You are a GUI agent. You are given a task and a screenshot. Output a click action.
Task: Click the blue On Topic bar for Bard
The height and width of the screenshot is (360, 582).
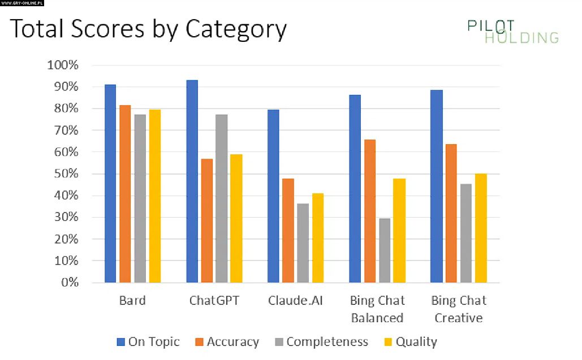click(110, 184)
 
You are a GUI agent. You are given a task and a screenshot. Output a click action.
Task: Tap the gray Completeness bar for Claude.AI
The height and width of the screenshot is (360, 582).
click(303, 243)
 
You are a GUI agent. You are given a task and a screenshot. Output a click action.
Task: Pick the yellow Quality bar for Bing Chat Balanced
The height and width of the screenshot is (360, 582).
click(399, 231)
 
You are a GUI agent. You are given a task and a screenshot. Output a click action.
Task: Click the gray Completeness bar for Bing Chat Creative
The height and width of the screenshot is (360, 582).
click(465, 233)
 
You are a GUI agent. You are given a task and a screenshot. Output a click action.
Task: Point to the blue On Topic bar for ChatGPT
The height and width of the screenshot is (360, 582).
click(192, 181)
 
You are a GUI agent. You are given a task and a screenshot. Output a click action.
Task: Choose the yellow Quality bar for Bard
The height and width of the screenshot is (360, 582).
click(155, 196)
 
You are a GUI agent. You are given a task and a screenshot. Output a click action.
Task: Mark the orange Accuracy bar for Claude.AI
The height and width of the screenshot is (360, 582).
click(288, 231)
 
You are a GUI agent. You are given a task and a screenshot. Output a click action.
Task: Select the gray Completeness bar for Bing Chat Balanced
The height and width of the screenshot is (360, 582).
click(385, 250)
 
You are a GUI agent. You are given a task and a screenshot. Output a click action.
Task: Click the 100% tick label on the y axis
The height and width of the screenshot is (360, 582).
click(63, 65)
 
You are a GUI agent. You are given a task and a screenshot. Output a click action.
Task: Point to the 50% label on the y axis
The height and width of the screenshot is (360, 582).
click(66, 174)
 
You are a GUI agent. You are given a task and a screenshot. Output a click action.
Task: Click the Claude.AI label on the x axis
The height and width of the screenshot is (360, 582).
click(295, 300)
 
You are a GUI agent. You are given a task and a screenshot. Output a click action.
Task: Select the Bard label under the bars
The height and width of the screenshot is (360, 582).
click(132, 300)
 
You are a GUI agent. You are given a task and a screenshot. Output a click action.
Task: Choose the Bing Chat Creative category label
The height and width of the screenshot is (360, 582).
click(459, 309)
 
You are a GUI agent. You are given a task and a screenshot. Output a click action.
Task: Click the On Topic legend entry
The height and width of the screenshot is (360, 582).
click(148, 341)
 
